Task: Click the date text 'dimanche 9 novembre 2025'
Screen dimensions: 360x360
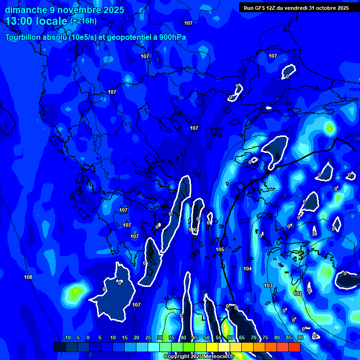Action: point(64,10)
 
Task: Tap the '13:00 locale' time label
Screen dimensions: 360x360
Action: point(37,21)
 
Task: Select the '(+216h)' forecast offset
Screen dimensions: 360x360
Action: point(83,21)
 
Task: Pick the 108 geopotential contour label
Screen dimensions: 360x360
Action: point(28,277)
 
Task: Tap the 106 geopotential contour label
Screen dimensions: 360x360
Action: point(193,230)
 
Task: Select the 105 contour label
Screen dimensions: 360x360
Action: point(220,249)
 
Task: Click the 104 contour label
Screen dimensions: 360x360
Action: point(247,269)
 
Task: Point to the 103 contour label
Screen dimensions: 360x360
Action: point(268,285)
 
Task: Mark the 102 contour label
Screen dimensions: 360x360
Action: point(298,293)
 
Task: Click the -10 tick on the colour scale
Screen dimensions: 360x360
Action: point(67,338)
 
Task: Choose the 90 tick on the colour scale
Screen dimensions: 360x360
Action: point(300,338)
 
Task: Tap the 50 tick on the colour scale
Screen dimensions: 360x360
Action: point(207,338)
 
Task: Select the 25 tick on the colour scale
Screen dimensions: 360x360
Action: point(148,338)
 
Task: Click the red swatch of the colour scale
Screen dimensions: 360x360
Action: point(294,347)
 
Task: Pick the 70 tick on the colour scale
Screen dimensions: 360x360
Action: point(254,338)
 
